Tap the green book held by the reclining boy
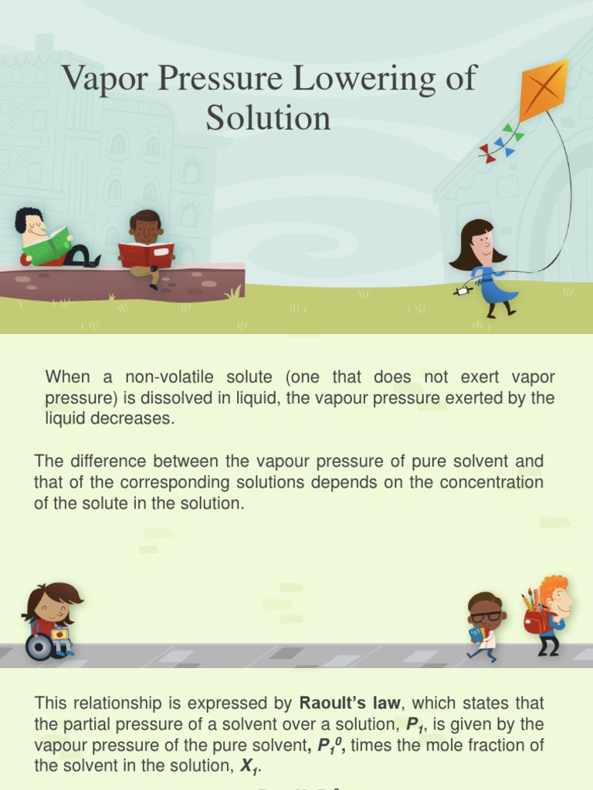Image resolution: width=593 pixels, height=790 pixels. (48, 247)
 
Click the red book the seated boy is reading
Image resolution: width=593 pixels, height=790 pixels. (146, 254)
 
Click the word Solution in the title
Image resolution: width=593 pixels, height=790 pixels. (268, 118)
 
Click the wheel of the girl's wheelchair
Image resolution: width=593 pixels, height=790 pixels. (39, 647)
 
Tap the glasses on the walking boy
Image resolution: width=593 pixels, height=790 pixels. (486, 616)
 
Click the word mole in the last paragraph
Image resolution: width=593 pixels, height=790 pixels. (452, 745)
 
